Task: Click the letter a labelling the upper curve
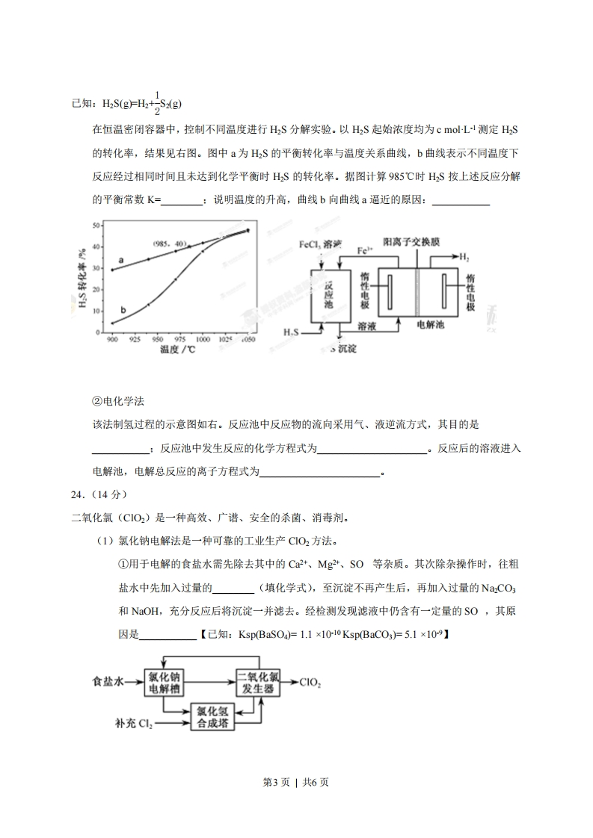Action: click(x=121, y=261)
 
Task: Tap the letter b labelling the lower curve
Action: click(x=123, y=308)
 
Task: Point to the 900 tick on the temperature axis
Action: click(x=112, y=339)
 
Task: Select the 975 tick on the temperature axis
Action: click(x=177, y=339)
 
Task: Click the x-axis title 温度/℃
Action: click(x=177, y=350)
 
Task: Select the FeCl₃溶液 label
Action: click(x=320, y=245)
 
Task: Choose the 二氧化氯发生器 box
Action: click(x=259, y=682)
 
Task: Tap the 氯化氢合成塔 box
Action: click(x=212, y=717)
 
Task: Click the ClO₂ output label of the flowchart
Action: click(x=311, y=682)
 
